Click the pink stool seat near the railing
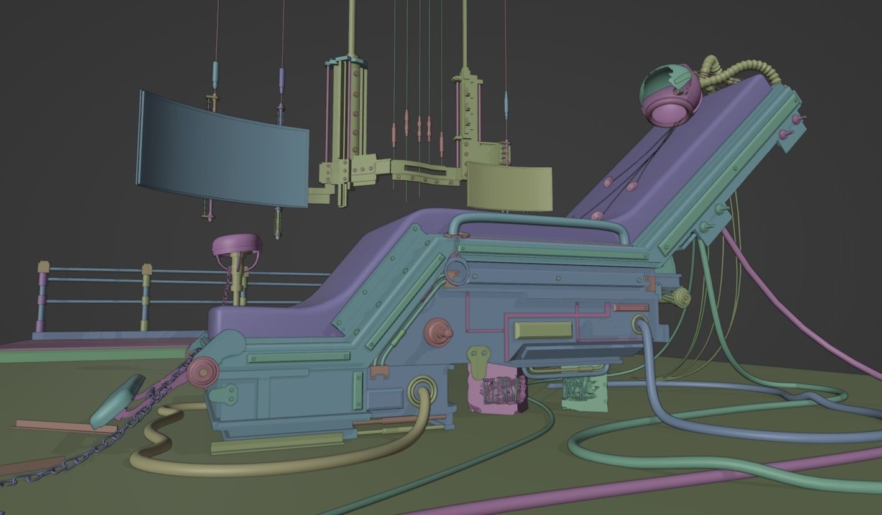tap(237, 244)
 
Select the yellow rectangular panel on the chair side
tap(543, 330)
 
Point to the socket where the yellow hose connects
tap(423, 388)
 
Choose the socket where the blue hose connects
tap(640, 324)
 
